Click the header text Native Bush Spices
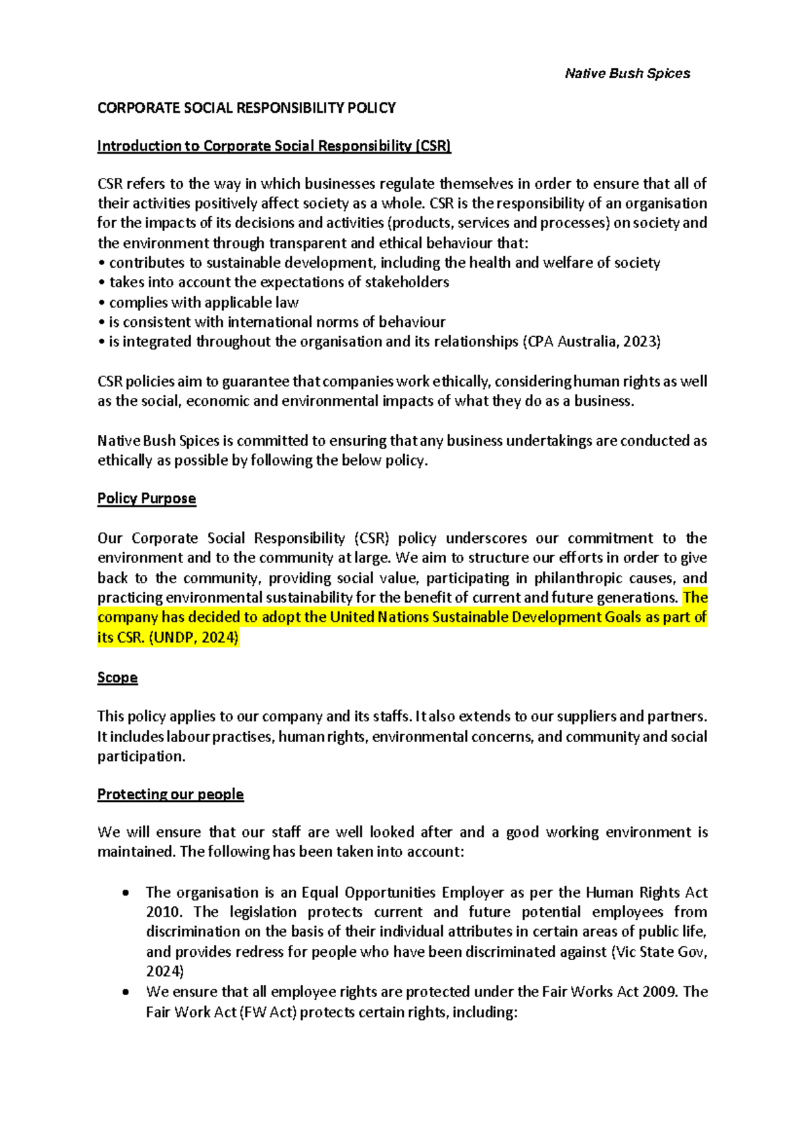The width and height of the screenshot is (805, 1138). tap(627, 74)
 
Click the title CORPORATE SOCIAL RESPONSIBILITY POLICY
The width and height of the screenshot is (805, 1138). tap(246, 108)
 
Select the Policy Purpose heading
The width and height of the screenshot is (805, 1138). tap(146, 499)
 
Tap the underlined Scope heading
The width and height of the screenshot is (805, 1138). tap(117, 678)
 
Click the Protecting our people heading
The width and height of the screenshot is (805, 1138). tap(170, 794)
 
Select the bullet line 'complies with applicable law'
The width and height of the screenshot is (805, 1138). tap(203, 303)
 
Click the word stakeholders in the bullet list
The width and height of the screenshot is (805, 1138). tap(407, 282)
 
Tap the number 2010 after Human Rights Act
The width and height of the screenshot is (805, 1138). tap(163, 913)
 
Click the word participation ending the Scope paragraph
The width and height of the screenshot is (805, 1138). tap(140, 757)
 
